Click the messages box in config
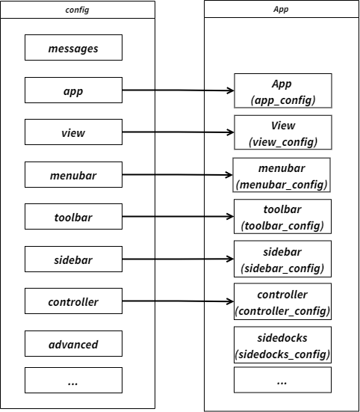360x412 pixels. (73, 49)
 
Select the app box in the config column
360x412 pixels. (73, 91)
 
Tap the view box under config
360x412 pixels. (73, 133)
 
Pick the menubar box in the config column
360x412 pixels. (73, 176)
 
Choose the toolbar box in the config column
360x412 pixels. (73, 218)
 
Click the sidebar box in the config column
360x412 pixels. (73, 260)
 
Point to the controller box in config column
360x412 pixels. (73, 302)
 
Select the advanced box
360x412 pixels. (73, 345)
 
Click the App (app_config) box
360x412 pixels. (282, 92)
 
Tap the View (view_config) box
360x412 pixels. (282, 134)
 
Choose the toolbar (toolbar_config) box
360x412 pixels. (282, 218)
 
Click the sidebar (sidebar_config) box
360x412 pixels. (282, 260)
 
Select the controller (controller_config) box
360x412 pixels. (282, 303)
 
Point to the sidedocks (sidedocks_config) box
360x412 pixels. (282, 345)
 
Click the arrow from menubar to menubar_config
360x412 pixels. (178, 176)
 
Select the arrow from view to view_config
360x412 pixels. (178, 133)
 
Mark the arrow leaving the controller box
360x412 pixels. (178, 302)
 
